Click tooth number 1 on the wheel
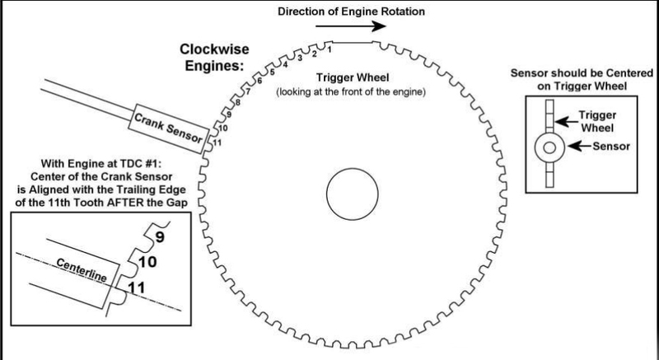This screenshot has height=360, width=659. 329,50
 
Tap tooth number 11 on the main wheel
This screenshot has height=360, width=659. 217,143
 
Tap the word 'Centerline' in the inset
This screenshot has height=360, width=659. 78,269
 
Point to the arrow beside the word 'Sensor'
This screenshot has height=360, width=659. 575,148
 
